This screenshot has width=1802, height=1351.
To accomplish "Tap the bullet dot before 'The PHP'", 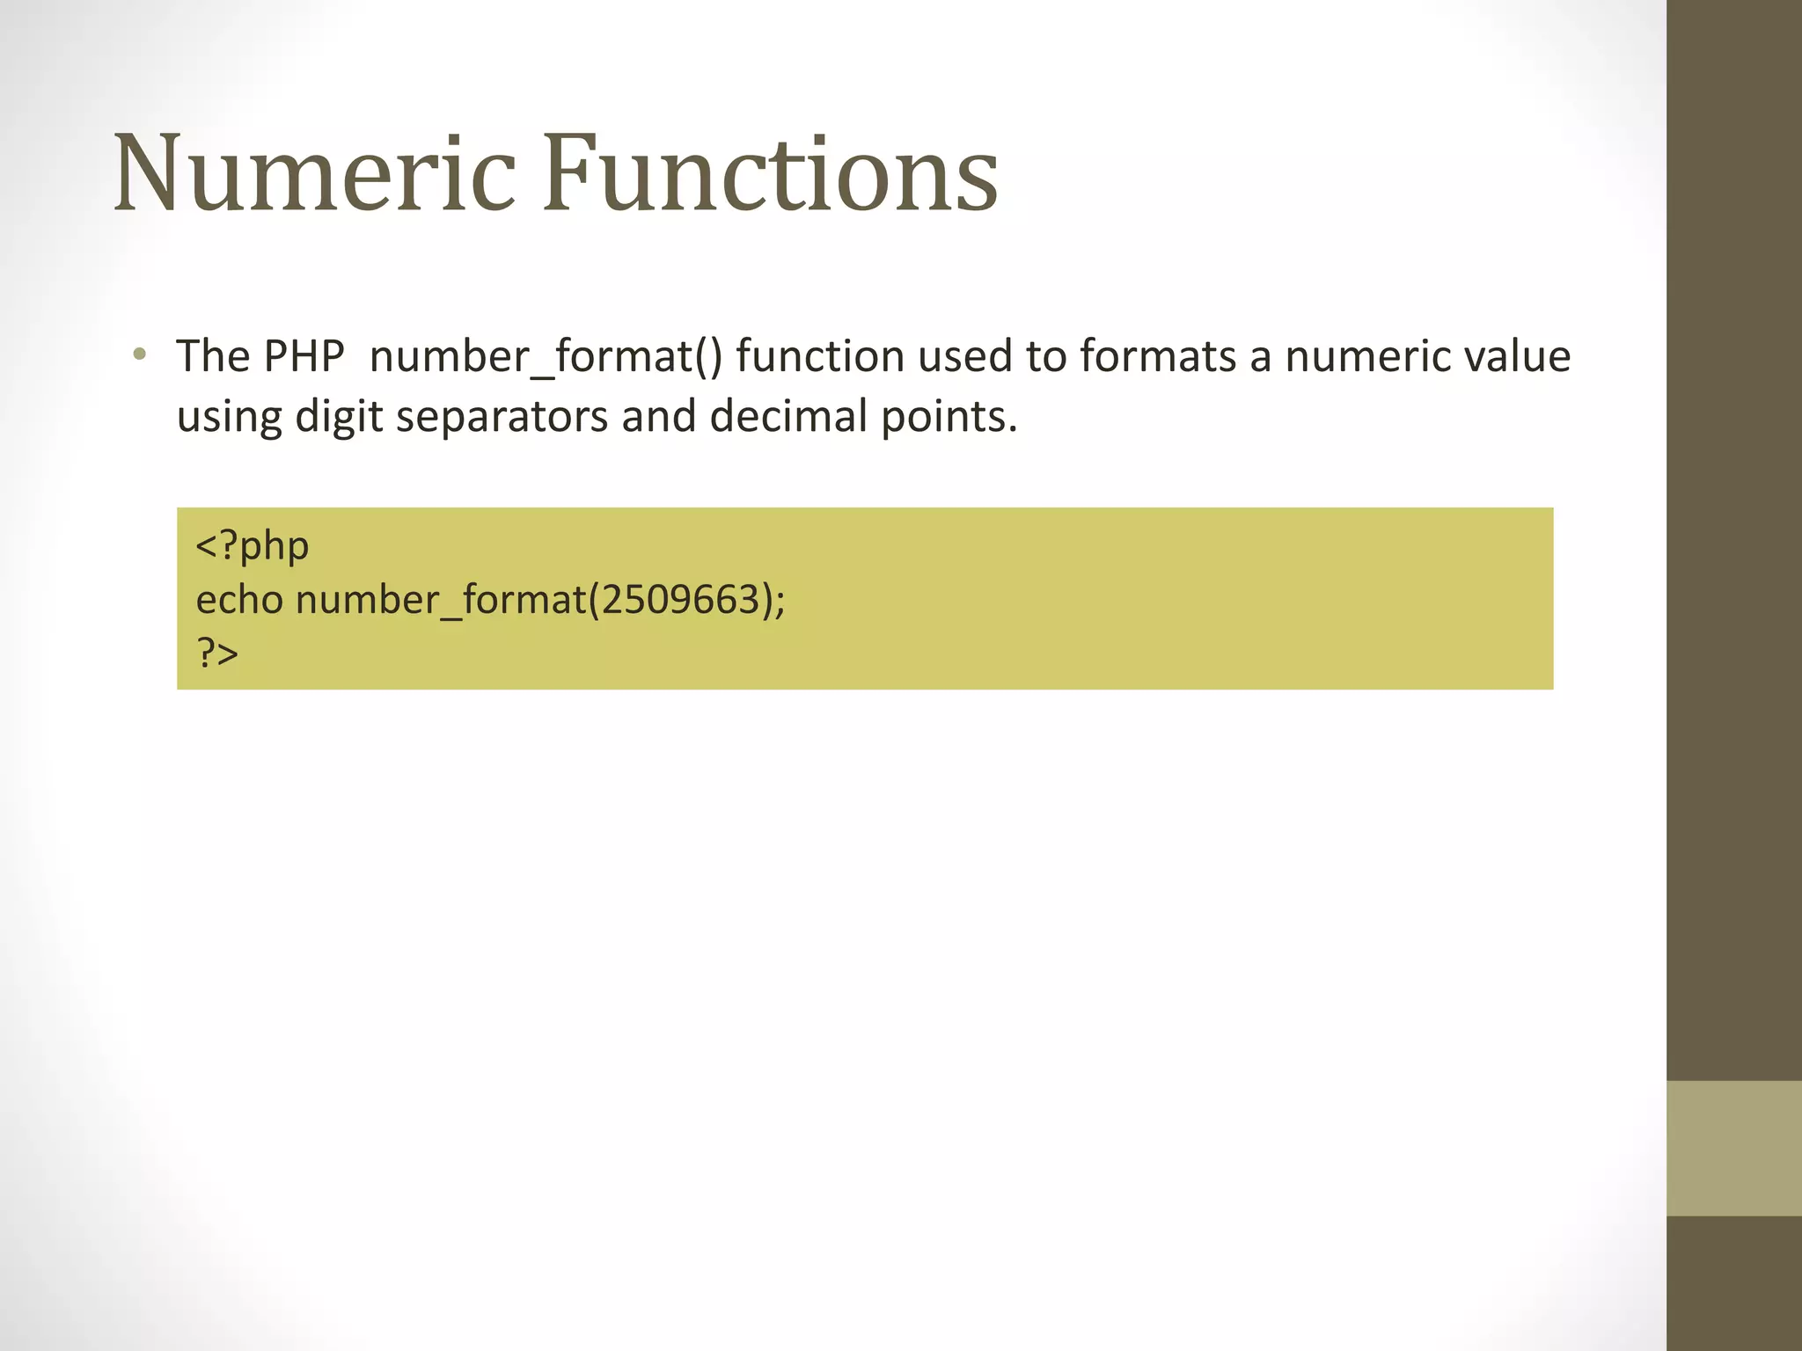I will tap(139, 355).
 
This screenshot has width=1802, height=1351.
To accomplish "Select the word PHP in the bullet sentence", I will tap(304, 356).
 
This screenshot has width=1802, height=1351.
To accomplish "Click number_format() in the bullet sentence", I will tap(546, 358).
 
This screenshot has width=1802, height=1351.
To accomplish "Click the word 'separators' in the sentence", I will tap(502, 417).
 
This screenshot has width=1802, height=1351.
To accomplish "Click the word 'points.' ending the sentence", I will tap(949, 417).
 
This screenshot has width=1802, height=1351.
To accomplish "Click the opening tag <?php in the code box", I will tap(253, 546).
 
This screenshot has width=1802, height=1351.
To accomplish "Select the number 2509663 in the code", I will tap(676, 600).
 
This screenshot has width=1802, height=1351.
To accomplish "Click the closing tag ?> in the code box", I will tap(217, 654).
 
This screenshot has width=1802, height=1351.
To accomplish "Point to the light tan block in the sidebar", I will tap(1733, 1148).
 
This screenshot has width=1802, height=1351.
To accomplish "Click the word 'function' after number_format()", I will tap(820, 356).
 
